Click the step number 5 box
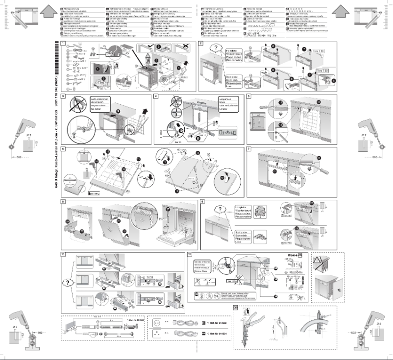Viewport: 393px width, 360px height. (249, 96)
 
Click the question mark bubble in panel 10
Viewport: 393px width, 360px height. (67, 283)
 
